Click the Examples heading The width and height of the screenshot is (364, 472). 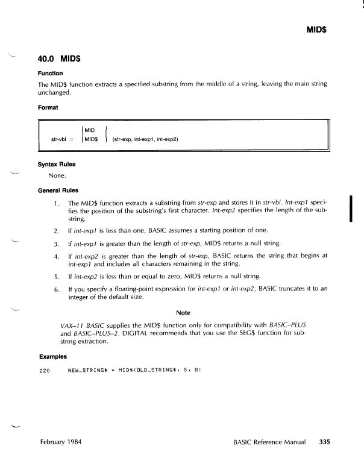click(x=52, y=357)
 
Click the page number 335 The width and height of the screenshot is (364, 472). click(x=325, y=441)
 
